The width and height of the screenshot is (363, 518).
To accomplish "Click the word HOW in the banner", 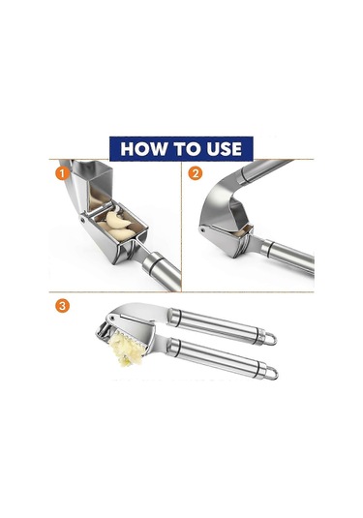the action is (x=143, y=149).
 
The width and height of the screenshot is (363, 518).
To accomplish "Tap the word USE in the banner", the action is (x=225, y=149).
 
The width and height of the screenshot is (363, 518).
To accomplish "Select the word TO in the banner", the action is (x=187, y=149).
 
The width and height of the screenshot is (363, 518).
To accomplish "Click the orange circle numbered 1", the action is (x=62, y=173).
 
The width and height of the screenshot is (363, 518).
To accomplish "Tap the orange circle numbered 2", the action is (x=196, y=173).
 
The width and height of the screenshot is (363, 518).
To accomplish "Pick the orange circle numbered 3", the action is (x=62, y=306).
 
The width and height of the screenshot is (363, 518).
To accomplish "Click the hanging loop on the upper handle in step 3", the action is (x=270, y=339).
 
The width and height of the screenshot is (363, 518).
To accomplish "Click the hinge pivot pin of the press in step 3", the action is (x=113, y=318).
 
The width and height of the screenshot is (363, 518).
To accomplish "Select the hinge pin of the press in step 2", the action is (x=203, y=229).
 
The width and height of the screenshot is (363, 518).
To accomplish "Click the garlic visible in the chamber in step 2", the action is (x=241, y=232).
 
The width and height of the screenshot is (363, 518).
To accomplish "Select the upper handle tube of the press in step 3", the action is (x=218, y=326).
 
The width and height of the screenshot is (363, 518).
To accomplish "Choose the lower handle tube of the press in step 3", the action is (x=218, y=357).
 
